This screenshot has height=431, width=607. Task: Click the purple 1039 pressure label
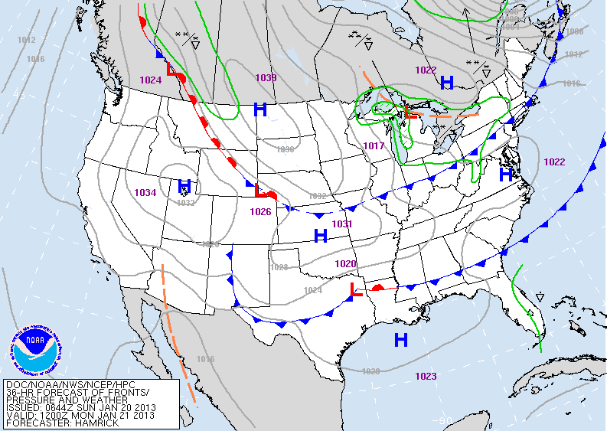[x=266, y=78]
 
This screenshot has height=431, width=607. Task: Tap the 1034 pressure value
[x=145, y=192]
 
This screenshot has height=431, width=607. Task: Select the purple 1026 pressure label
[x=260, y=212]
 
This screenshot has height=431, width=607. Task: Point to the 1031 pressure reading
[x=342, y=224]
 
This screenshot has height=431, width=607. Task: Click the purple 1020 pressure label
[x=345, y=263]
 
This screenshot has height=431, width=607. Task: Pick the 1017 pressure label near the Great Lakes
[x=374, y=146]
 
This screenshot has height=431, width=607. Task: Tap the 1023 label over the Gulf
[x=426, y=376]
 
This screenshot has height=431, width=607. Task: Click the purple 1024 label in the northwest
[x=151, y=80]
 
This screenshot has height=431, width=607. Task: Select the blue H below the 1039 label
[x=260, y=109]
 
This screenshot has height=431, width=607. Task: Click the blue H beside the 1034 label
[x=184, y=186]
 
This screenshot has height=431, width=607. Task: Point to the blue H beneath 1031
[x=321, y=236]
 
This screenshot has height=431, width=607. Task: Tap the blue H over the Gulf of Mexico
[x=400, y=339]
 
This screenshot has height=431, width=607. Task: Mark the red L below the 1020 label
[x=355, y=289]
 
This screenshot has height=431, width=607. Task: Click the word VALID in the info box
[x=21, y=416]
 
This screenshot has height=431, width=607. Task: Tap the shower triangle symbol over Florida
[x=540, y=296]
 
